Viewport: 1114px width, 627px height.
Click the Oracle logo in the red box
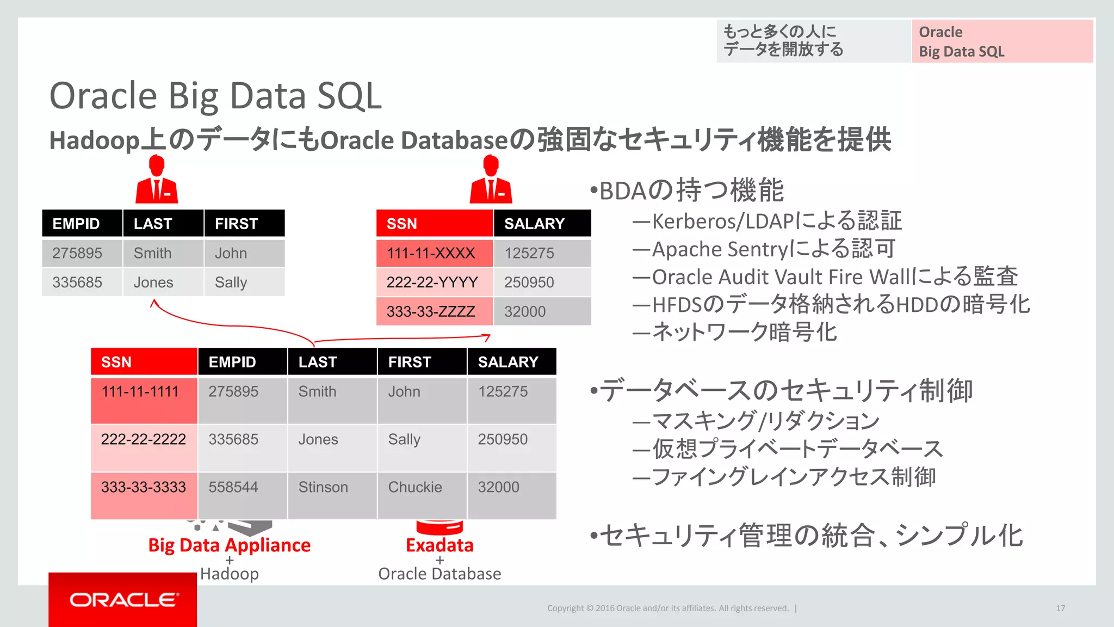(x=123, y=600)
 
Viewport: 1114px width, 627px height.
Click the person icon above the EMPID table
(x=157, y=180)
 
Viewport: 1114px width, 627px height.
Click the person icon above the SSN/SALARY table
(x=491, y=180)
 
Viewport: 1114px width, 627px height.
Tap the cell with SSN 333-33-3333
(x=144, y=488)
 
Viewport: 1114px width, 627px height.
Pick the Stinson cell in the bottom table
(x=323, y=488)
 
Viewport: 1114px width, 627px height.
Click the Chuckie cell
(x=415, y=488)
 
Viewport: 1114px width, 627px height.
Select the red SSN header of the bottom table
(x=144, y=362)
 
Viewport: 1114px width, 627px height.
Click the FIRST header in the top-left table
(x=244, y=224)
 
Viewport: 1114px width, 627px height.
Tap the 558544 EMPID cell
(x=233, y=488)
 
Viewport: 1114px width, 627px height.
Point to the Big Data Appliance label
(x=229, y=545)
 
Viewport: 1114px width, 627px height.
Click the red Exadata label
(x=440, y=545)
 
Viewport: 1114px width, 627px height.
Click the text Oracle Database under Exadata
(x=440, y=574)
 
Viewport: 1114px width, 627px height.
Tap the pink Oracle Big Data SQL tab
(x=1002, y=41)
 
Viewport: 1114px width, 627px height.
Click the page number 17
(x=1060, y=608)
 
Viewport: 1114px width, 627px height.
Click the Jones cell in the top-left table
(x=153, y=282)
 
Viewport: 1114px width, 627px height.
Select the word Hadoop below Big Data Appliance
(x=229, y=574)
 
